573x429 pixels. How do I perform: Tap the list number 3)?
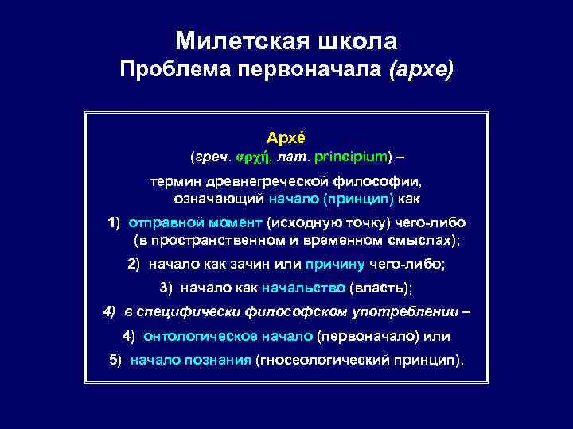tap(166, 287)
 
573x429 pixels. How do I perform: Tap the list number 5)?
tap(115, 360)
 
